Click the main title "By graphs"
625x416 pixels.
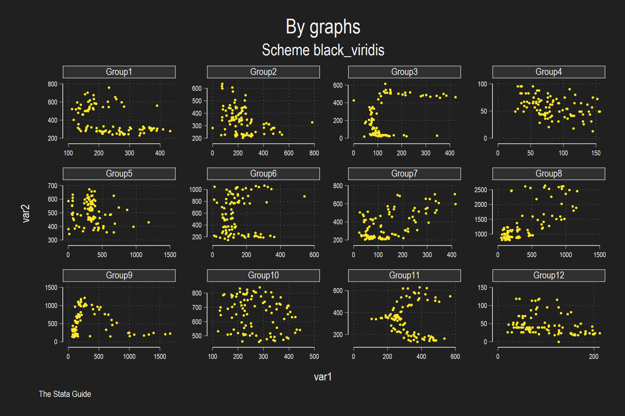pyautogui.click(x=323, y=27)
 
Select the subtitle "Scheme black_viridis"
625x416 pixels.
pyautogui.click(x=323, y=50)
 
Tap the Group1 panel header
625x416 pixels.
pyautogui.click(x=119, y=72)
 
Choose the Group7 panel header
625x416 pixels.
pyautogui.click(x=404, y=174)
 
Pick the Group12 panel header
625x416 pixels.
pyautogui.click(x=549, y=275)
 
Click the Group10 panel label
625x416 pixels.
pyautogui.click(x=263, y=275)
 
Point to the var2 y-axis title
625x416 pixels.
pyautogui.click(x=26, y=213)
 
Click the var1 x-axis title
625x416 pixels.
pyautogui.click(x=323, y=377)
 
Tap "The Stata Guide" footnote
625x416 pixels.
pyautogui.click(x=65, y=394)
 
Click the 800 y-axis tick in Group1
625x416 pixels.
pyautogui.click(x=52, y=84)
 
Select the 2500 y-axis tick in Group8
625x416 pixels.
pyautogui.click(x=481, y=190)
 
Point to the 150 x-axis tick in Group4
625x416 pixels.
pyautogui.click(x=596, y=153)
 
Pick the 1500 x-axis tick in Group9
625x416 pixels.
pyautogui.click(x=160, y=356)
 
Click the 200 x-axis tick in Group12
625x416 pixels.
pyautogui.click(x=594, y=356)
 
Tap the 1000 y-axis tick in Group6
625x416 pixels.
pyautogui.click(x=195, y=189)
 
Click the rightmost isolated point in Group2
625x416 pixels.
pyautogui.click(x=312, y=122)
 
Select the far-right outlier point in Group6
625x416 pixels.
pyautogui.click(x=304, y=196)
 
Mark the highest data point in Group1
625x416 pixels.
pyautogui.click(x=109, y=88)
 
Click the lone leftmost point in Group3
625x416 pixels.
pyautogui.click(x=354, y=100)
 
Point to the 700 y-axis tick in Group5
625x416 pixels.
pyautogui.click(x=52, y=186)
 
